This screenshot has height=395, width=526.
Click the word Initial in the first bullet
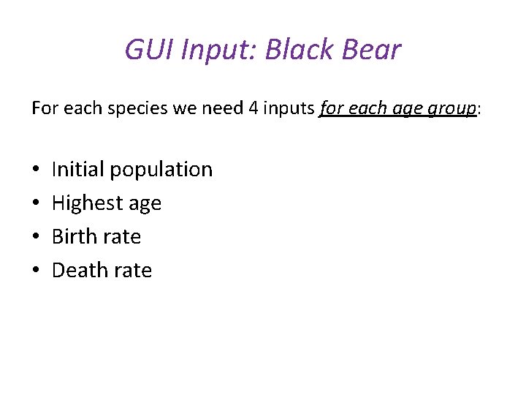(77, 169)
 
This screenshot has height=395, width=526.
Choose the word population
(161, 170)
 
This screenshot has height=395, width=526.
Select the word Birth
(75, 236)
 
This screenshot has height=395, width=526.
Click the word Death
(80, 270)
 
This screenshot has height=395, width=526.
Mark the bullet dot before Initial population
(36, 170)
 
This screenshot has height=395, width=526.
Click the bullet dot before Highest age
(36, 203)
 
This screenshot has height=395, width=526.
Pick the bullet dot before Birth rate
(36, 237)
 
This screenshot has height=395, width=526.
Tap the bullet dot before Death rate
(36, 271)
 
